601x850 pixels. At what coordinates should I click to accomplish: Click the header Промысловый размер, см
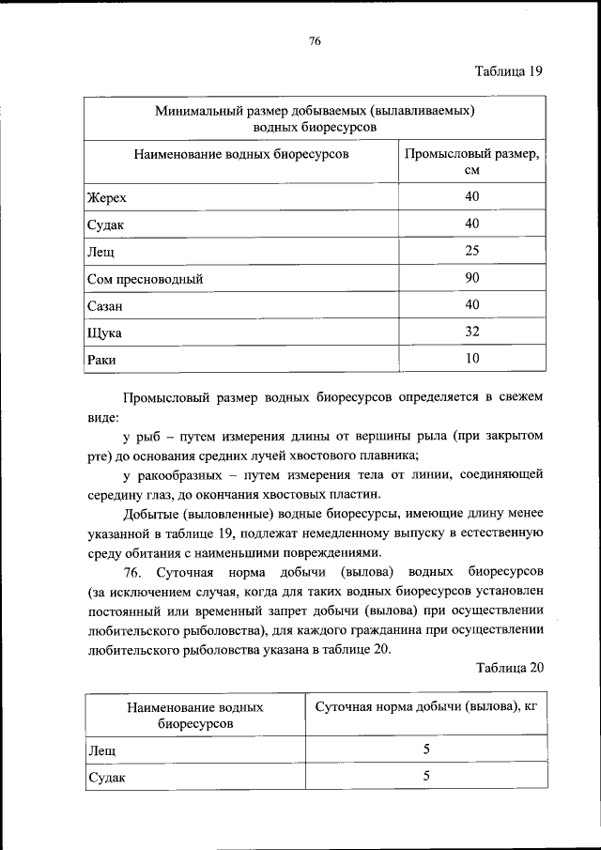click(x=471, y=162)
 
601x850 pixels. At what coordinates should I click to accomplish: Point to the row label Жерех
click(x=106, y=198)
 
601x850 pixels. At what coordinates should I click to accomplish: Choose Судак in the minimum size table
click(x=106, y=225)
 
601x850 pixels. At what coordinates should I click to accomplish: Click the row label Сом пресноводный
click(x=145, y=279)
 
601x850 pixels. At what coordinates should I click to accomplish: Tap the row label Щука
click(x=104, y=332)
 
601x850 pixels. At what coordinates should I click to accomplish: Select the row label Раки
click(x=101, y=359)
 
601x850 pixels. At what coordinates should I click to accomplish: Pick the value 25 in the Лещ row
click(x=471, y=251)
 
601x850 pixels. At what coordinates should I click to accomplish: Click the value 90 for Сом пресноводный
click(x=471, y=278)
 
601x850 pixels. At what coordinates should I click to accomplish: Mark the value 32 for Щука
click(x=471, y=331)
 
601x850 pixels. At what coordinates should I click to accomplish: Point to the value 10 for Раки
click(x=471, y=358)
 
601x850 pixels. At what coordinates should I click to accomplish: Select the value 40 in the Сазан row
click(x=471, y=304)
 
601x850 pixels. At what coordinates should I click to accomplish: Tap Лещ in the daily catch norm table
click(x=101, y=751)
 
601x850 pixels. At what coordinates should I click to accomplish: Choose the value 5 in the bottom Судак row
click(x=425, y=777)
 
